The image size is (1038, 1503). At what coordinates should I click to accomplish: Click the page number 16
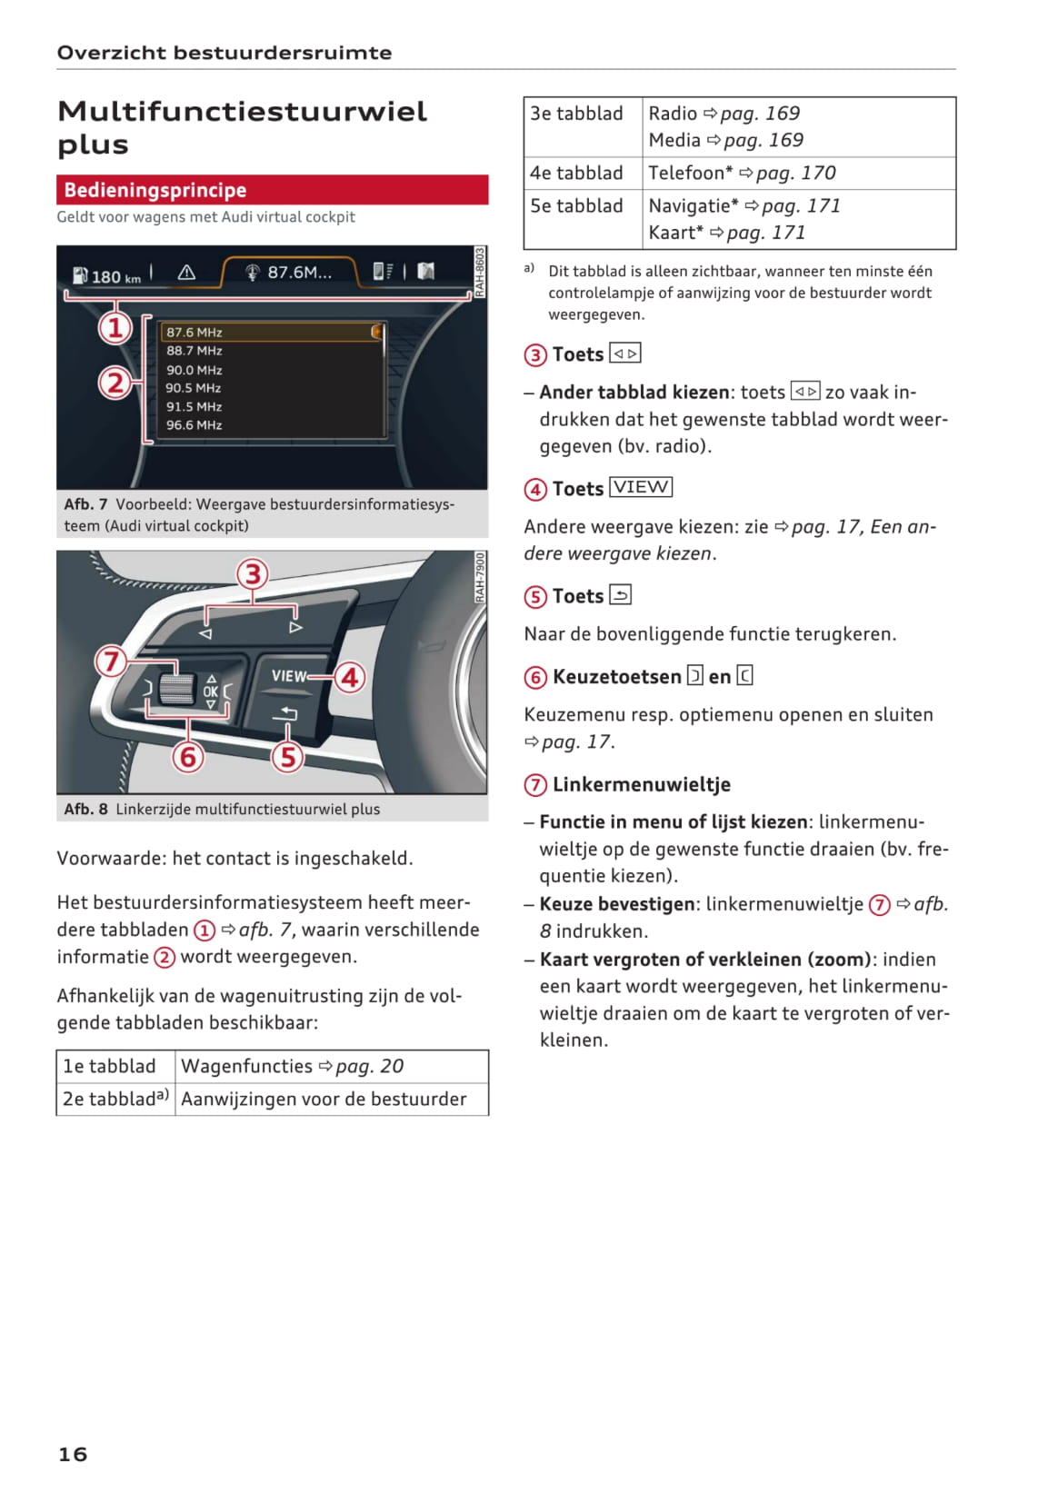tap(73, 1454)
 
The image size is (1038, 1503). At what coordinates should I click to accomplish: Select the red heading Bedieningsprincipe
tap(155, 190)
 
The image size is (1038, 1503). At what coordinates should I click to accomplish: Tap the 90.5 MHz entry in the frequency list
tap(194, 388)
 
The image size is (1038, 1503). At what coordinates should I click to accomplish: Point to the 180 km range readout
tap(115, 276)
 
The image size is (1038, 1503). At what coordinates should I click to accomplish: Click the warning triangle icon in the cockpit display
tap(186, 272)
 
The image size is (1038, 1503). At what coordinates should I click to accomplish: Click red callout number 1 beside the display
tap(115, 327)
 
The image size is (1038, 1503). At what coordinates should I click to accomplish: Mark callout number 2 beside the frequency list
tap(115, 383)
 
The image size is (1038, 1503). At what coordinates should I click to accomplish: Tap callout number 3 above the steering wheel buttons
tap(253, 574)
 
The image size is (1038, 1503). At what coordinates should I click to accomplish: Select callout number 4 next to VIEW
tap(349, 677)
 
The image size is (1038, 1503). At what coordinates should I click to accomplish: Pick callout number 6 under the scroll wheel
tap(188, 756)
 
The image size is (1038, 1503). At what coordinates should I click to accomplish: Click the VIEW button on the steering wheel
tap(289, 676)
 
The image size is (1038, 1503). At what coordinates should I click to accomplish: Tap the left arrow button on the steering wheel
tap(206, 632)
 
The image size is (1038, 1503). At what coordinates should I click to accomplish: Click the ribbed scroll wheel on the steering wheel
tap(176, 688)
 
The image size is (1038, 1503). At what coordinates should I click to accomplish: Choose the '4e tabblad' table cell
tap(577, 173)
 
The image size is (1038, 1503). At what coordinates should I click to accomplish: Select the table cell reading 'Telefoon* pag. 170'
tap(742, 173)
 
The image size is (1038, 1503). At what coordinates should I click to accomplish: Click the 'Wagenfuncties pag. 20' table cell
tap(292, 1066)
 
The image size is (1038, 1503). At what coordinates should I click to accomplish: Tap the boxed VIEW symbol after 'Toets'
tap(641, 487)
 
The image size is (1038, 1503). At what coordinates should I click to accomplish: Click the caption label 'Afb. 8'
tap(85, 809)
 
